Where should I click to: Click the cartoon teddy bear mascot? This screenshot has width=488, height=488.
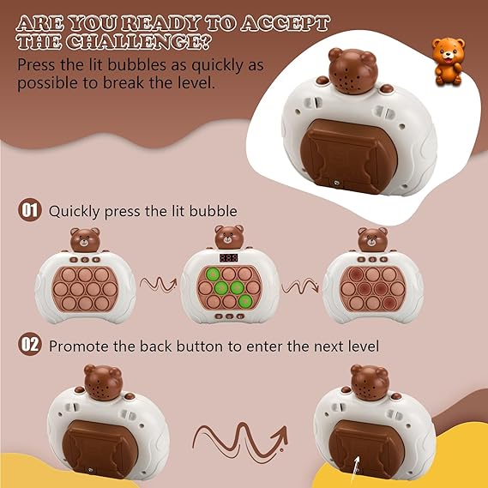coord(449,61)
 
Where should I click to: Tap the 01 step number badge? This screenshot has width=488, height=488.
coord(29,210)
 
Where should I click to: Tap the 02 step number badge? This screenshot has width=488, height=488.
coord(29,344)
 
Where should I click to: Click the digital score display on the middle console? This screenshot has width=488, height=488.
coord(229,257)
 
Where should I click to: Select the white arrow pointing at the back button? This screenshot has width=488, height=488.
coord(355,469)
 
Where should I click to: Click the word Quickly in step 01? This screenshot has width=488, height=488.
coord(75,212)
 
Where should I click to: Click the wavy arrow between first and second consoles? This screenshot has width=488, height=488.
coord(158,285)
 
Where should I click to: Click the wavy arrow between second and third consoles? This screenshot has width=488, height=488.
coord(300,286)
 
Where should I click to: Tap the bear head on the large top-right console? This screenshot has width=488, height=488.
coord(353,71)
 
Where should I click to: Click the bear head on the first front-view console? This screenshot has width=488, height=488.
coord(85,239)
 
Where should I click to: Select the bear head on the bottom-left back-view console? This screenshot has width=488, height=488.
coord(103,383)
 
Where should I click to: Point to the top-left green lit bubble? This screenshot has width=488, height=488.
coord(213,274)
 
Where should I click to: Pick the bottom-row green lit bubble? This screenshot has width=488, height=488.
coord(245,301)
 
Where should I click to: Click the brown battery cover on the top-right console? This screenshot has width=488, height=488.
coord(348,155)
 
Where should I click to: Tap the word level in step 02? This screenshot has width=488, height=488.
coord(366,346)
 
